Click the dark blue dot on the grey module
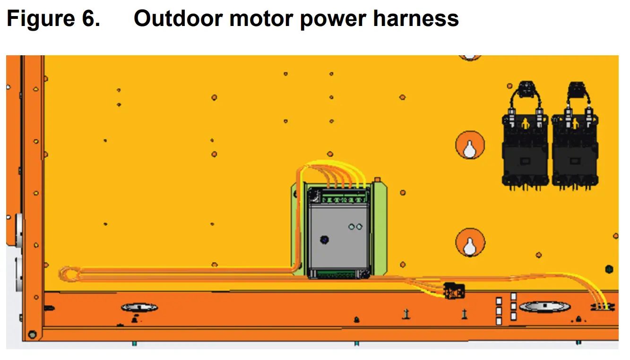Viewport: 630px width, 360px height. tap(324, 240)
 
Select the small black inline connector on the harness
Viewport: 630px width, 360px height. tap(454, 290)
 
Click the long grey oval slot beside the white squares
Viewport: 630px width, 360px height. tap(544, 307)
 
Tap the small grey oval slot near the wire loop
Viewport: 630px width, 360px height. tap(139, 308)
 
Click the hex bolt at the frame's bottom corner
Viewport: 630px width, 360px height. tap(32, 335)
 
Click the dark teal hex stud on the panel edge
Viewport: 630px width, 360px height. tap(609, 269)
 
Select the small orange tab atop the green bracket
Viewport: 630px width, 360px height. tap(377, 180)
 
